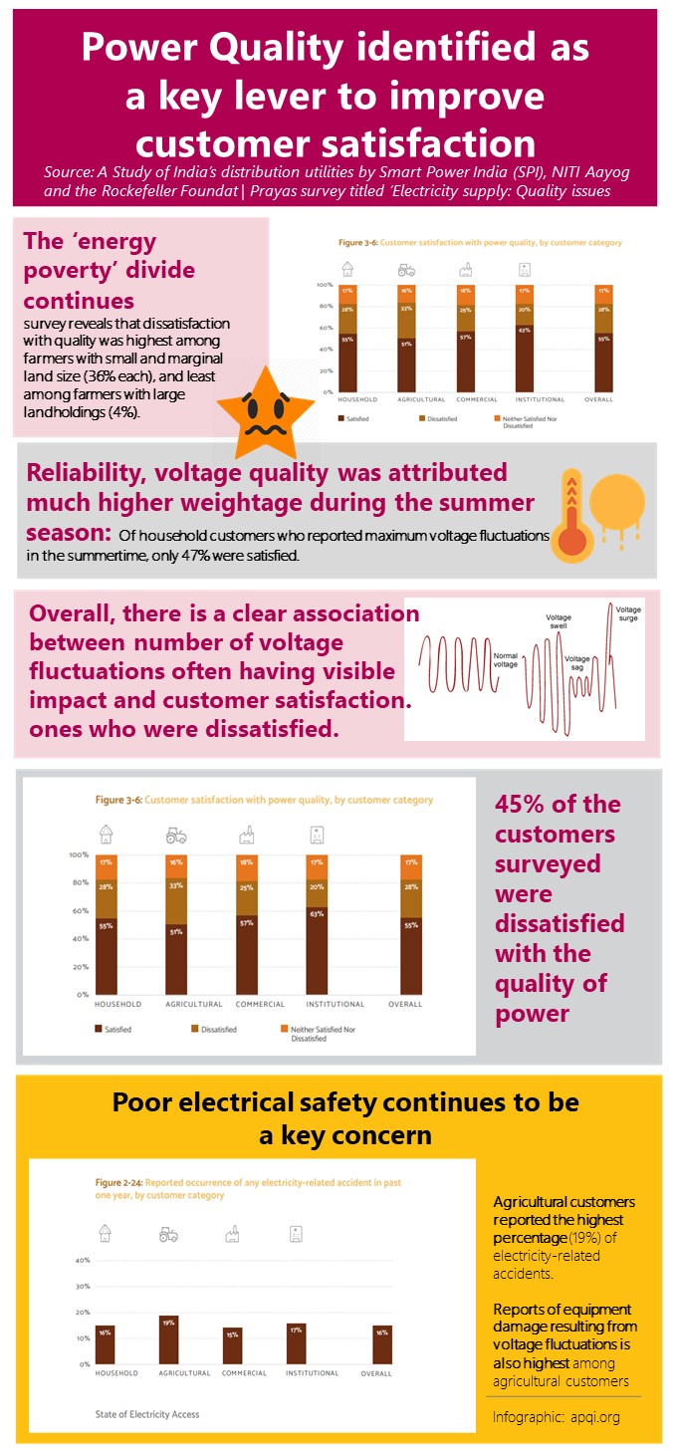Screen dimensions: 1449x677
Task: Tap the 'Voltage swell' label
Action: [x=559, y=622]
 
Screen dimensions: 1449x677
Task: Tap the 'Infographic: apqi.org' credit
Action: [x=557, y=1416]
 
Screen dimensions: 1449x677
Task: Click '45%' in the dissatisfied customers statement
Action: [x=529, y=804]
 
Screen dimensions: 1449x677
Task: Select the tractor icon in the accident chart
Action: [x=168, y=1235]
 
